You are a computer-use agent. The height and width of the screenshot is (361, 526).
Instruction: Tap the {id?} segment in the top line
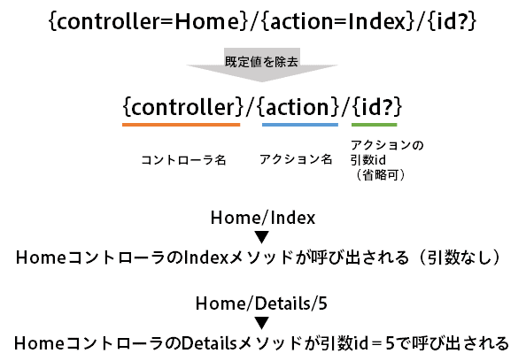452,22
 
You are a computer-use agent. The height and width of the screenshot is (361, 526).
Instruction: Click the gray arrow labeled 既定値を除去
261,65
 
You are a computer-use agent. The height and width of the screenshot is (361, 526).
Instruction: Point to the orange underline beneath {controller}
182,125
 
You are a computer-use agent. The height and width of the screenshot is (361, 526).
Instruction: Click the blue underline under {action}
300,125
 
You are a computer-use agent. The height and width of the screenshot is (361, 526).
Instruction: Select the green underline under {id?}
374,125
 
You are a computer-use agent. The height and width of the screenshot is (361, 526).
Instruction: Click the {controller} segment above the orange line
183,107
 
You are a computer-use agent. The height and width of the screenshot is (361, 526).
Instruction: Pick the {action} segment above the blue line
298,107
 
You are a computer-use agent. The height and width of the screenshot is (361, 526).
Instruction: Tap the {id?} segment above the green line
377,107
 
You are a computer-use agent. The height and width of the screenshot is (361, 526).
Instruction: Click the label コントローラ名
183,160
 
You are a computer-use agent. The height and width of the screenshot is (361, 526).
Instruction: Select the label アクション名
296,159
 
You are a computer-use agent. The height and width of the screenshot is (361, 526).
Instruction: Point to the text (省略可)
380,174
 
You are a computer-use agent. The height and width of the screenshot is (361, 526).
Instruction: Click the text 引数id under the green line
368,160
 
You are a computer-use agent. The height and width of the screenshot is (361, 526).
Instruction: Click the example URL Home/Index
263,218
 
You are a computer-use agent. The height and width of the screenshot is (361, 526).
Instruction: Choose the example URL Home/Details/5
261,303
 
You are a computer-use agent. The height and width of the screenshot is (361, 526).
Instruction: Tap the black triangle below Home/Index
261,237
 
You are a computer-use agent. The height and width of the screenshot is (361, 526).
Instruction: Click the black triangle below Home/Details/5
261,323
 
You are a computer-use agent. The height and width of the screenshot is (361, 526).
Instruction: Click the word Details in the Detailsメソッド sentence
209,343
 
